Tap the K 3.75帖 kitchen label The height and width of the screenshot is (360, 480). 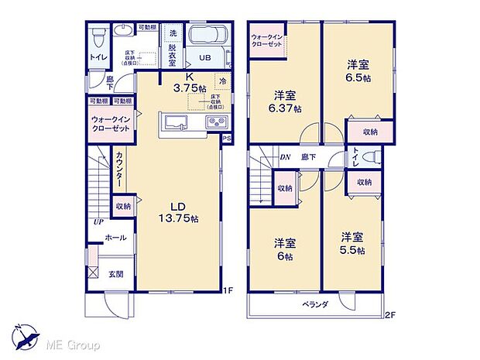click(188, 83)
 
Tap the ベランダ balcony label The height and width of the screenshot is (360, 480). click(315, 304)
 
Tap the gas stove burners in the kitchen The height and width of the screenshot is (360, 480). click(214, 124)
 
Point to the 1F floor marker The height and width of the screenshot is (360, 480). click(228, 290)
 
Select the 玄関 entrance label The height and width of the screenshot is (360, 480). click(115, 273)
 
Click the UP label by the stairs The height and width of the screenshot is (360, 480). click(98, 222)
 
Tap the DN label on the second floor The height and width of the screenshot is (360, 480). click(285, 156)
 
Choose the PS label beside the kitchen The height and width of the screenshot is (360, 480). click(227, 139)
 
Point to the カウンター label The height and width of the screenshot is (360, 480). click(119, 167)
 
